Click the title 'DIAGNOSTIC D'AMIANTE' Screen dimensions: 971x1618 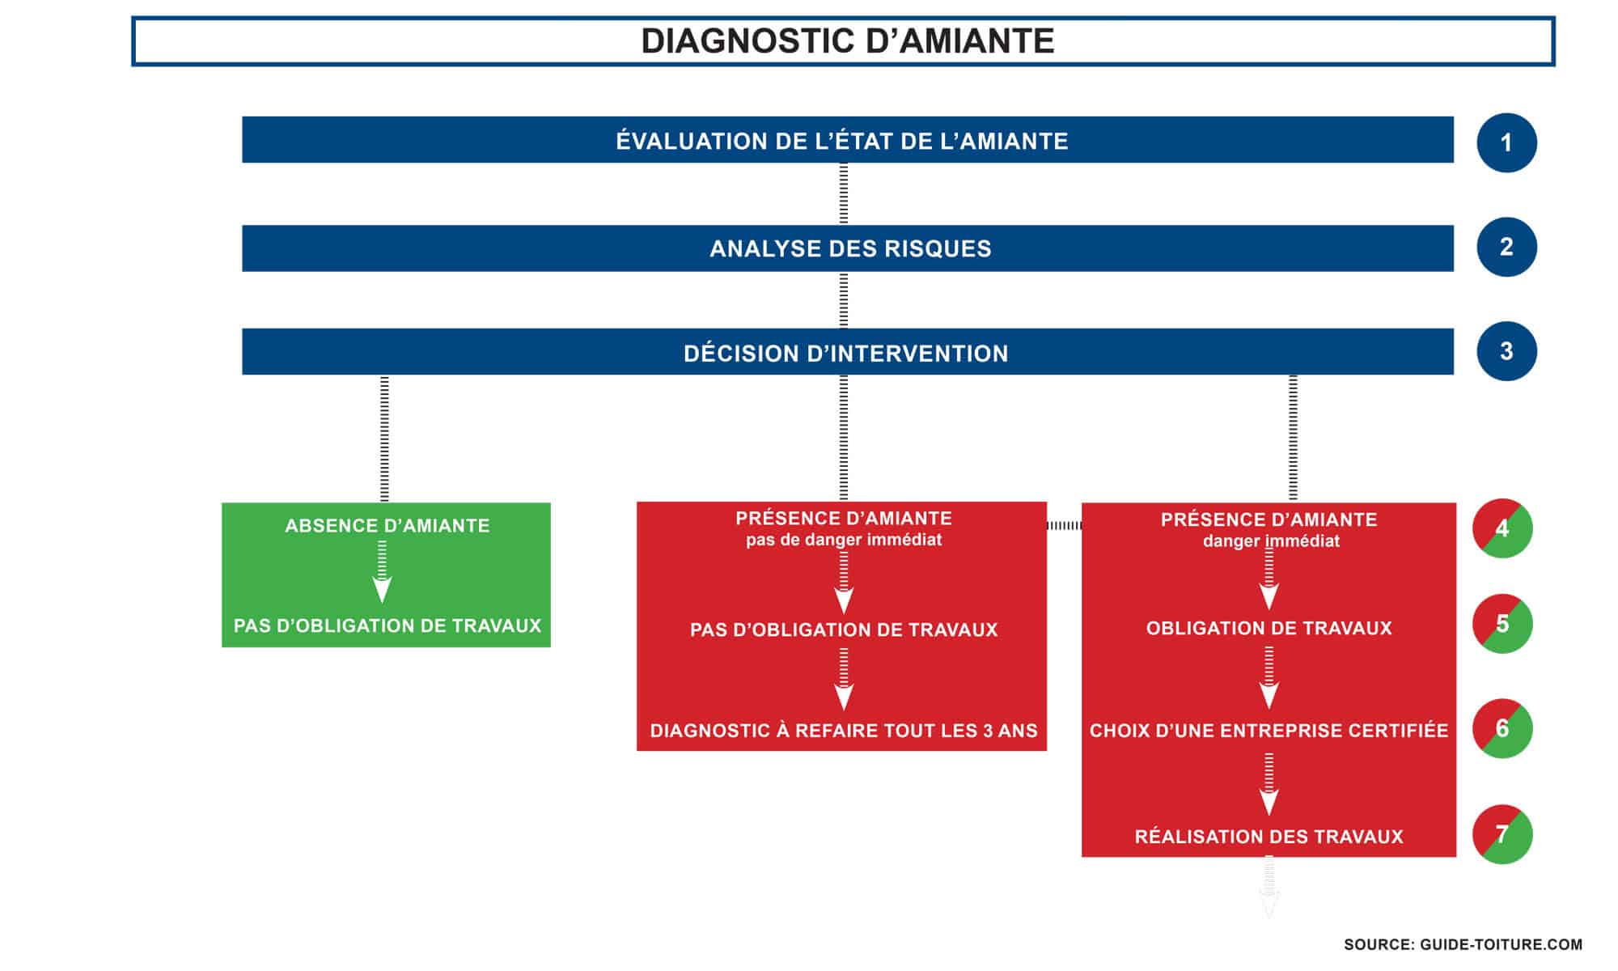point(847,41)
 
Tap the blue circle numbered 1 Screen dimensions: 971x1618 point(1506,143)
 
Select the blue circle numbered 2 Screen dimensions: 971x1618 point(1506,247)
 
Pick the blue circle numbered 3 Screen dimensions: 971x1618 point(1506,351)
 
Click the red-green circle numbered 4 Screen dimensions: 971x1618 point(1502,528)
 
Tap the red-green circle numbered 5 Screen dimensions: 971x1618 point(1502,624)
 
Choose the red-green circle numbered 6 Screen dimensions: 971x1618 point(1502,728)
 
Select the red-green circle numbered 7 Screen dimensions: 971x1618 point(1502,834)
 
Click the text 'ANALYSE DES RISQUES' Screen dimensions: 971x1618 point(849,248)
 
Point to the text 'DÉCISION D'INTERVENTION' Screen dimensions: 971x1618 point(845,354)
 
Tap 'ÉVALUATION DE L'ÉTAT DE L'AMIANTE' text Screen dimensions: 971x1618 point(841,142)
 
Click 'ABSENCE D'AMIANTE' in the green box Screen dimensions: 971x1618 point(387,526)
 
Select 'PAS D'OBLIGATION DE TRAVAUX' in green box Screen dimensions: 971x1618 point(387,625)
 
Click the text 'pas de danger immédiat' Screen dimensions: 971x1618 point(843,540)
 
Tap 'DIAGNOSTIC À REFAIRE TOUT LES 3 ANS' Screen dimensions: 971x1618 point(843,731)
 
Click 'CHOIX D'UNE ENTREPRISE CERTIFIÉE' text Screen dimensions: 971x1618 point(1268,731)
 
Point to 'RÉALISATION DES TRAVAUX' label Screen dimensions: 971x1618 point(1268,837)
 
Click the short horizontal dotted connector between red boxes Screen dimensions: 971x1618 point(1064,526)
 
